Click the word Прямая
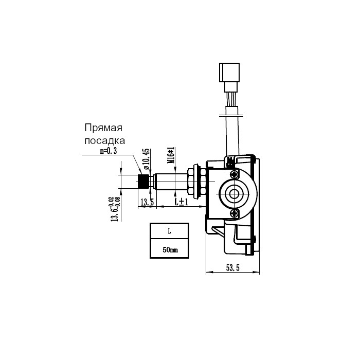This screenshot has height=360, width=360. (103, 128)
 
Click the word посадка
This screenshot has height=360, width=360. (105, 140)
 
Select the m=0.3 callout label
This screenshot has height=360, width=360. (109, 151)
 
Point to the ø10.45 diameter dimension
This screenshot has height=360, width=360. (146, 159)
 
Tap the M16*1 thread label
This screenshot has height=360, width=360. (171, 155)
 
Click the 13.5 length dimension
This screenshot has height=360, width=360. (147, 202)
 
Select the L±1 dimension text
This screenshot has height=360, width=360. (182, 202)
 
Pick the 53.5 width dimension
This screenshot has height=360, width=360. (232, 268)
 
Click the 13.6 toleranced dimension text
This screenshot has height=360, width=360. (114, 209)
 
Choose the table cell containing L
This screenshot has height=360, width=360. (169, 231)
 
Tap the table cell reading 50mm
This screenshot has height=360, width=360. (169, 248)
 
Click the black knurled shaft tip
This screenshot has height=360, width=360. (143, 182)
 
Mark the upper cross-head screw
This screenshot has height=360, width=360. (235, 174)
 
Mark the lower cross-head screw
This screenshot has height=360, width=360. (235, 213)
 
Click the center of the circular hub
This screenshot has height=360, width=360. (234, 194)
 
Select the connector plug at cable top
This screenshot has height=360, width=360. (229, 72)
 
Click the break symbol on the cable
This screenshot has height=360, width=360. (231, 116)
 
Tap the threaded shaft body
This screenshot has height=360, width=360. (171, 182)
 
